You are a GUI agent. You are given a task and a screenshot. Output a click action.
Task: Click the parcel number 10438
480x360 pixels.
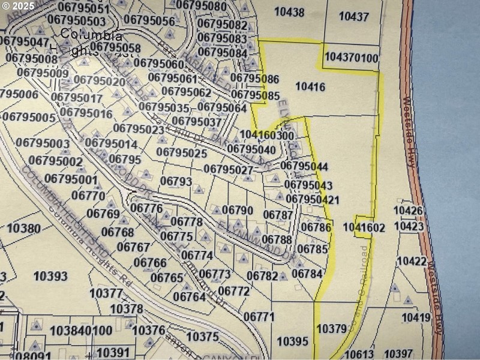coord(289,11)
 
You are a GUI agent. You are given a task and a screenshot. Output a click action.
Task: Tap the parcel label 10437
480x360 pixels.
coord(353,16)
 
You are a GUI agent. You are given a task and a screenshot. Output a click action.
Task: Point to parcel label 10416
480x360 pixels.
coord(311,87)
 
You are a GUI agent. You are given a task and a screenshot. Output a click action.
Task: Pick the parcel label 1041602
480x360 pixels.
coord(364,227)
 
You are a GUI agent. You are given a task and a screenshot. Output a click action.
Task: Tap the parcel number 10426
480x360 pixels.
coord(409,211)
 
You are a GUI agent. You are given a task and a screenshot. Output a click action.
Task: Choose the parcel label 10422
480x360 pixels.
coord(412,261)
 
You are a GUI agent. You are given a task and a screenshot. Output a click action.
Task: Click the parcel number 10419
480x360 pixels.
coord(416,317)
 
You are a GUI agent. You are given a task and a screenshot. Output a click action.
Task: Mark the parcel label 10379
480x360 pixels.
coord(331,328)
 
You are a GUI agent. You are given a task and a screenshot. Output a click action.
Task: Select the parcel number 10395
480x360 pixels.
coord(293,341)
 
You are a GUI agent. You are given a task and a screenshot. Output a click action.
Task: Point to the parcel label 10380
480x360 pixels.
coord(23,228)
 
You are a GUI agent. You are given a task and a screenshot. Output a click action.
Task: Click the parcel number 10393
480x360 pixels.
coord(50,276)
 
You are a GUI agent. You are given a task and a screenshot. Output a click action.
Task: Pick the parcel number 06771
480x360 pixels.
coord(259,316)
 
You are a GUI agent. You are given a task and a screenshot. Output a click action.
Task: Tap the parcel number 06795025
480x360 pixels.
coord(181,153)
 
